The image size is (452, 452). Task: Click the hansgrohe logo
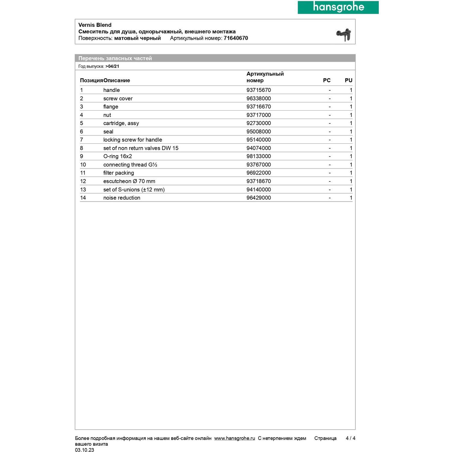click(338, 7)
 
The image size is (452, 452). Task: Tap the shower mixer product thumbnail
click(344, 35)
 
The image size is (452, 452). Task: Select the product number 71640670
click(236, 38)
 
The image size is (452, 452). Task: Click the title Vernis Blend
click(95, 25)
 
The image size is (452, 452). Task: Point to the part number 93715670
click(259, 90)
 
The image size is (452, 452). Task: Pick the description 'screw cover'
click(118, 99)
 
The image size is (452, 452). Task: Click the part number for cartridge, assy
click(259, 123)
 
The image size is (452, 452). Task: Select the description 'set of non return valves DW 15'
click(141, 148)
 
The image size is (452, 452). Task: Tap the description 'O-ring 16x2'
click(118, 156)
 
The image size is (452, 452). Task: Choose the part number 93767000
click(259, 165)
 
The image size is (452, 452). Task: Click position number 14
click(83, 198)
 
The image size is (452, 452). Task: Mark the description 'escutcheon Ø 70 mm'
click(129, 181)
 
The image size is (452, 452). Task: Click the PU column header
click(348, 80)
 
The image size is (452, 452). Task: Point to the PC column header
click(327, 80)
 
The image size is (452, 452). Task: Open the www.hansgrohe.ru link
click(234, 438)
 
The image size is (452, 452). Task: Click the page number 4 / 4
click(350, 438)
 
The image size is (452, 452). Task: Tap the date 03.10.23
click(84, 450)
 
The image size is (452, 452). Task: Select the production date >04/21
click(112, 66)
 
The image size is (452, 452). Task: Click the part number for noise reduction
click(259, 198)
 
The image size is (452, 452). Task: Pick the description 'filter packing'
click(118, 173)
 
